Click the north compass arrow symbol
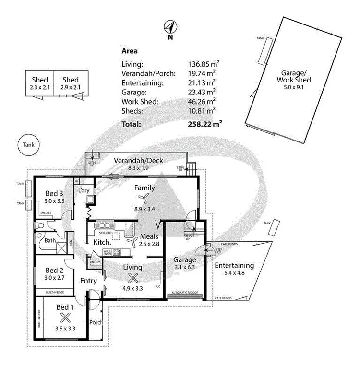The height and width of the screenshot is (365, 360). point(169,27)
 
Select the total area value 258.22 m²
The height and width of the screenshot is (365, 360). point(204,124)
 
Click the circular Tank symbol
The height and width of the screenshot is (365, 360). point(28,145)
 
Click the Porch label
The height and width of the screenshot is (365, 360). point(96,322)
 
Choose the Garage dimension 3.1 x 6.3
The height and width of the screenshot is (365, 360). point(184,268)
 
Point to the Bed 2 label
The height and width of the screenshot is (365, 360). point(53,270)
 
